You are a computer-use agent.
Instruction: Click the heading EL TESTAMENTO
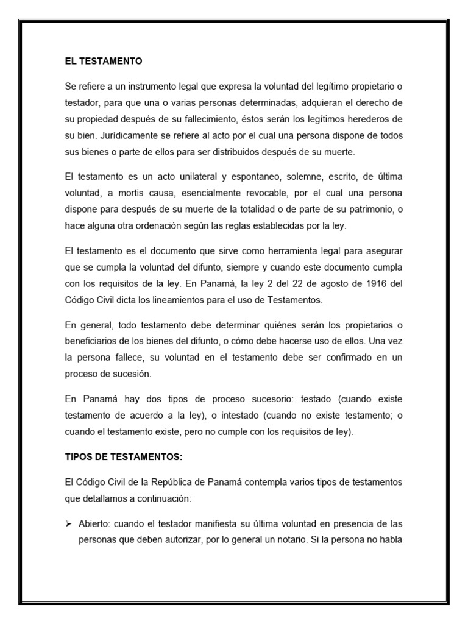pos(104,61)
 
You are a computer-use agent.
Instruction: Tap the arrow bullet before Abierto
pos(69,506)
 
